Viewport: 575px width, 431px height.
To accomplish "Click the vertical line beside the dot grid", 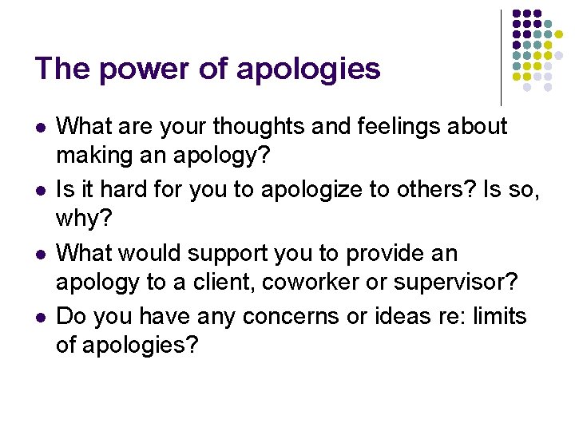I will point(501,56).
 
